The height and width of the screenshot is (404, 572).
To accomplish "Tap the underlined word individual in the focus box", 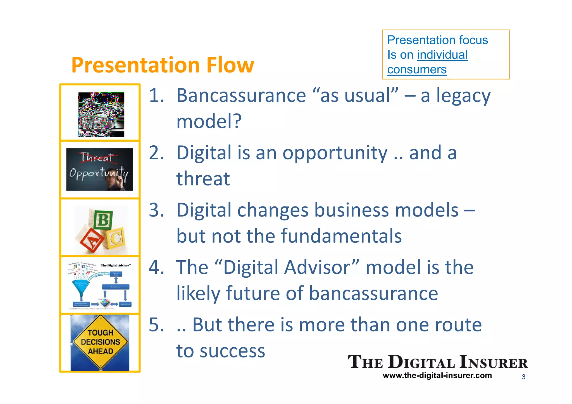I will pyautogui.click(x=442, y=55).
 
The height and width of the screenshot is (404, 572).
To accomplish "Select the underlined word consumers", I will pyautogui.click(x=417, y=70).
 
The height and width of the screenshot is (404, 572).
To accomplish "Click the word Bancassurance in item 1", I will pyautogui.click(x=241, y=96).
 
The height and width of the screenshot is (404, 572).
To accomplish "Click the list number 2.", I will pyautogui.click(x=156, y=153).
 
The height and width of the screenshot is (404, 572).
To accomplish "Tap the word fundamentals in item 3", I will pyautogui.click(x=341, y=236).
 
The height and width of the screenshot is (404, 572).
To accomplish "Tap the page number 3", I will pyautogui.click(x=523, y=377).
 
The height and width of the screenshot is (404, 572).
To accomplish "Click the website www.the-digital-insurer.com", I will pyautogui.click(x=437, y=376).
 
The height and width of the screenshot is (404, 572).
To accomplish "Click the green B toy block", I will pyautogui.click(x=103, y=220).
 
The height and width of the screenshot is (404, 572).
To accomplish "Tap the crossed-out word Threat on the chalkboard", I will pyautogui.click(x=97, y=157).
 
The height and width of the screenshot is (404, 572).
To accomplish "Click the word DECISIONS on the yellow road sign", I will pyautogui.click(x=100, y=342).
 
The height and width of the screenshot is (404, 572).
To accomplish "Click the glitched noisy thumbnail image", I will pyautogui.click(x=101, y=114).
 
